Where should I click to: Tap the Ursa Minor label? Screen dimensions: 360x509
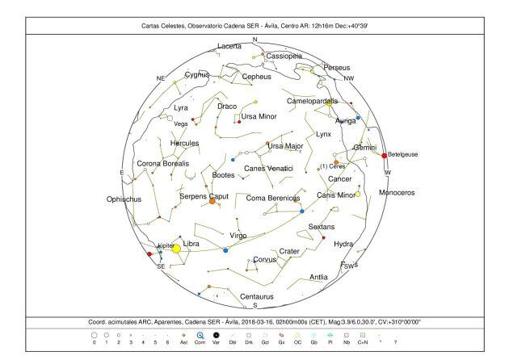(259, 116)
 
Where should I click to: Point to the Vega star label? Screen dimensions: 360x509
(181, 124)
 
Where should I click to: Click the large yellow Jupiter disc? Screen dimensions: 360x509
(176, 249)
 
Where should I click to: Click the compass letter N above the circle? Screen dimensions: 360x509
(254, 40)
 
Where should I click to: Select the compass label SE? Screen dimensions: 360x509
(161, 266)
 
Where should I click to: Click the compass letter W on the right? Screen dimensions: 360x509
(387, 173)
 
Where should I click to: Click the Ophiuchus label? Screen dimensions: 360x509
(124, 199)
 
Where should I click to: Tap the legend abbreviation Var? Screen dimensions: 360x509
(216, 342)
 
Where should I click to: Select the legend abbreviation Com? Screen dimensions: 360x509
(200, 342)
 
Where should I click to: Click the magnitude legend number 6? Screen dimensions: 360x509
(167, 342)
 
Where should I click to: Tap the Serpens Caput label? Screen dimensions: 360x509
(204, 195)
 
